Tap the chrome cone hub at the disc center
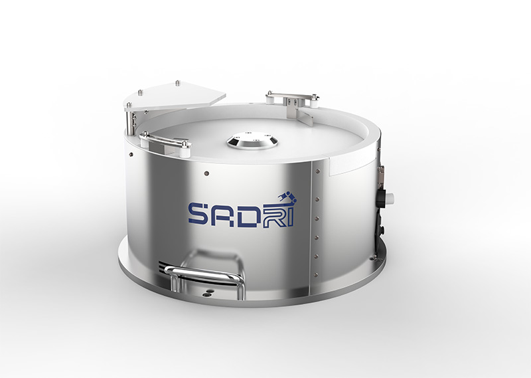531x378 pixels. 252,140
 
